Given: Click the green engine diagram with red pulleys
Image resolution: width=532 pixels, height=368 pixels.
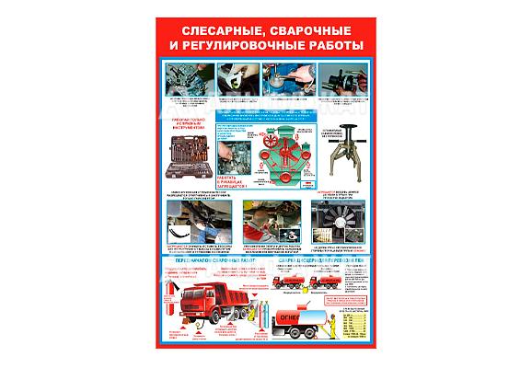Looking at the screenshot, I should tap(277, 155).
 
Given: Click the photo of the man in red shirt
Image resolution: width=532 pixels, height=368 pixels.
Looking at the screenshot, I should tap(268, 221).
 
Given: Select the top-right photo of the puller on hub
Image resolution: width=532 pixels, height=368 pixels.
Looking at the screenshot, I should tap(347, 79).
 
